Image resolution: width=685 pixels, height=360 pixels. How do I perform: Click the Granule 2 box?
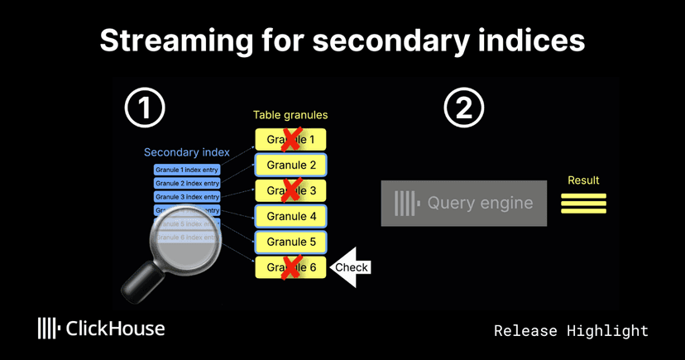pos(290,165)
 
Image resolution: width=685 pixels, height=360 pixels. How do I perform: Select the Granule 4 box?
pos(290,217)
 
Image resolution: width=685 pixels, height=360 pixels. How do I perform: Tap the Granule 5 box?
pos(290,242)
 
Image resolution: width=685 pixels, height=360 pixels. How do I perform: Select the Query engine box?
pos(464,203)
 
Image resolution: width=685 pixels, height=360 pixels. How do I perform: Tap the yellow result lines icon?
pos(583,203)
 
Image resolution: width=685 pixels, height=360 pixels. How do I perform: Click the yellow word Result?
pos(583,180)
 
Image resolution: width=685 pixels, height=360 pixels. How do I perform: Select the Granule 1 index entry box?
pos(187,170)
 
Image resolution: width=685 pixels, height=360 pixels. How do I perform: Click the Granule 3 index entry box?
pos(187,197)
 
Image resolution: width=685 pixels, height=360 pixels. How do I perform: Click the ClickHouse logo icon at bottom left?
pos(49,329)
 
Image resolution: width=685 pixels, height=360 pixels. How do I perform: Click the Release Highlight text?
pos(571,330)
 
